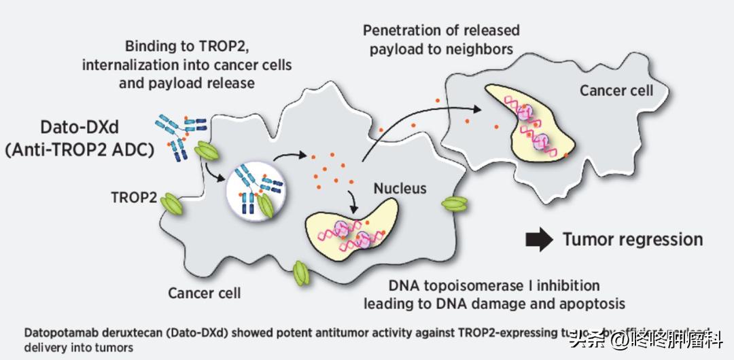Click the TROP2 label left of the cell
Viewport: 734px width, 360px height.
pyautogui.click(x=133, y=198)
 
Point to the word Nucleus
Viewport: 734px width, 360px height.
pyautogui.click(x=400, y=188)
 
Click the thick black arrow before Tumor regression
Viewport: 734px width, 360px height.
pyautogui.click(x=540, y=239)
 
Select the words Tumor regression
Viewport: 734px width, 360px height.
pyautogui.click(x=632, y=239)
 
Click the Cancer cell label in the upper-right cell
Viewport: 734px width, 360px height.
pyautogui.click(x=616, y=90)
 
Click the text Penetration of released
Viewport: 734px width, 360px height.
pyautogui.click(x=441, y=31)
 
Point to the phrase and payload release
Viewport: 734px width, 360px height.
pyautogui.click(x=187, y=83)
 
